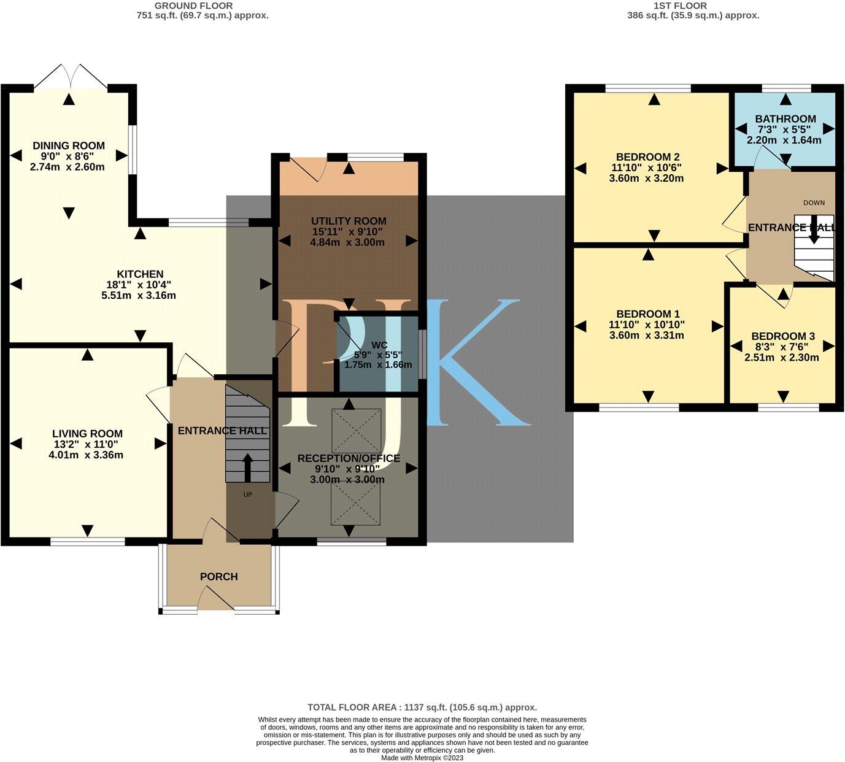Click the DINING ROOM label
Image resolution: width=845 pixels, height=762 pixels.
[x=68, y=146]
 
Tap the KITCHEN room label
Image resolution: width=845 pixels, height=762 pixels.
[x=140, y=274]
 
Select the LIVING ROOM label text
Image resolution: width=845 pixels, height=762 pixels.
[x=87, y=434]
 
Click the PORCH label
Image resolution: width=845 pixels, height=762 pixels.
[x=218, y=577]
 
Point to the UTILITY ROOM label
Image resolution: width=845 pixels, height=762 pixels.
[x=348, y=221]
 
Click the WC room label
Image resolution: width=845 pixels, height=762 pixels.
[x=375, y=345]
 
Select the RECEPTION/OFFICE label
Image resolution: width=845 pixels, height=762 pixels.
[x=348, y=458]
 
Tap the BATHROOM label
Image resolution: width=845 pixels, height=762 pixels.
[x=785, y=119]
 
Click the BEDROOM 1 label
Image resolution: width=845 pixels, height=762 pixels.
[x=646, y=314]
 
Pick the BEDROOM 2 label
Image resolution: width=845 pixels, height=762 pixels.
[x=646, y=156]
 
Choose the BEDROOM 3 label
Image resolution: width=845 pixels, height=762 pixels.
[x=782, y=336]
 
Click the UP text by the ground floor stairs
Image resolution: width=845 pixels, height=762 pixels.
[x=248, y=495]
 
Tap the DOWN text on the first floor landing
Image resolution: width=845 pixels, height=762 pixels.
[x=814, y=202]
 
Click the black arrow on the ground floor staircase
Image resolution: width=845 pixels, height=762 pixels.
[x=248, y=468]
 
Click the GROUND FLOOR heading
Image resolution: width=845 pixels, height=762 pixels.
[x=203, y=6]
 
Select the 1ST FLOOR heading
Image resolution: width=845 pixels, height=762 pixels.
[x=689, y=6]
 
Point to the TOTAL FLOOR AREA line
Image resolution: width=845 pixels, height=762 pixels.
[x=422, y=707]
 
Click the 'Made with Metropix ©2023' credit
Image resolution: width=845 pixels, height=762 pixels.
[x=422, y=758]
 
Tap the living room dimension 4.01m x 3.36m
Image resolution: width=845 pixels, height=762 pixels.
[x=87, y=455]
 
